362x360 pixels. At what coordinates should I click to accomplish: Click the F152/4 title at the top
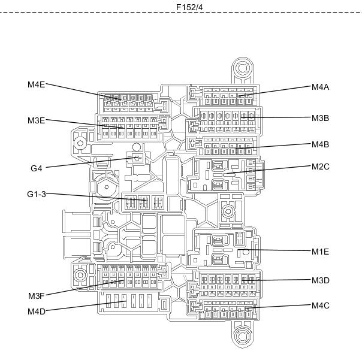click(x=189, y=7)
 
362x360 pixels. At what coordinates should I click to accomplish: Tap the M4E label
click(x=36, y=84)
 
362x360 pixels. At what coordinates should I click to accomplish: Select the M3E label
click(x=36, y=120)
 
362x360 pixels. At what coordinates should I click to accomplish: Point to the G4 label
click(x=37, y=168)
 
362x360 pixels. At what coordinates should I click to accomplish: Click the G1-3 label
click(x=37, y=194)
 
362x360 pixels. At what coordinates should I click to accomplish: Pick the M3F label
click(x=36, y=296)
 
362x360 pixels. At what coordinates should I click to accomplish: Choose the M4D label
click(x=37, y=311)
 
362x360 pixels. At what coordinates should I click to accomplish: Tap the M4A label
click(x=320, y=87)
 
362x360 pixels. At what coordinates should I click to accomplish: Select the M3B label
click(x=320, y=118)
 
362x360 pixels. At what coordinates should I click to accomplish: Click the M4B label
click(x=320, y=144)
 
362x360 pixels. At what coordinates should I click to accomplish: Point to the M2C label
click(x=321, y=167)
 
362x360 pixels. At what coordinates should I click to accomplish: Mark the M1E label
click(x=320, y=252)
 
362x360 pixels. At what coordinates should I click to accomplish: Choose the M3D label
click(x=321, y=280)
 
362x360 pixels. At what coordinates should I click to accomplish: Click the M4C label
click(x=321, y=305)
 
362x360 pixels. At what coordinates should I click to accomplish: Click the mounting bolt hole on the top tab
click(x=242, y=68)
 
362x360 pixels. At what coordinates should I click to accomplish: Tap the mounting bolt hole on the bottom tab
click(x=242, y=335)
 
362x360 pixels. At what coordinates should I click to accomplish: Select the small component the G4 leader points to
click(x=137, y=158)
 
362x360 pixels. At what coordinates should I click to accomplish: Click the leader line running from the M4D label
click(x=86, y=306)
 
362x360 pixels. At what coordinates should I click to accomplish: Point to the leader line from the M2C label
click(x=269, y=170)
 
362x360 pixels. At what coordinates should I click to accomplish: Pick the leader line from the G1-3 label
click(x=95, y=197)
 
